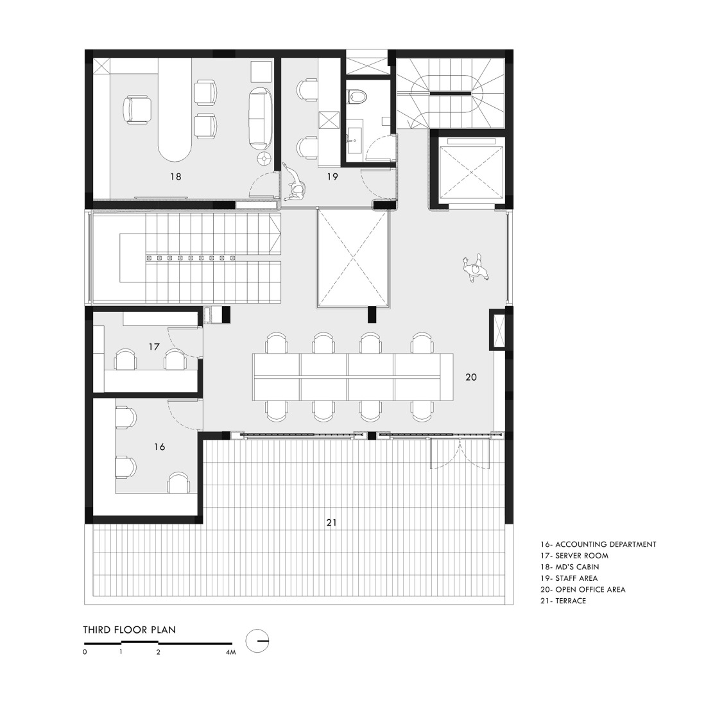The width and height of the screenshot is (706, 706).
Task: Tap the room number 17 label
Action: [154, 347]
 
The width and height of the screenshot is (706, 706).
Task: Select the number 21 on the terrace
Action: [331, 523]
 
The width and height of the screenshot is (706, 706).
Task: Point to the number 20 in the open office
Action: [471, 377]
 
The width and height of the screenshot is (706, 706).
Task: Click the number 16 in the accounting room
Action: [159, 447]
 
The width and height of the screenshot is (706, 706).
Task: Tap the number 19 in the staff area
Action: [331, 176]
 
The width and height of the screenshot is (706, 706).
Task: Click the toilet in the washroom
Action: [357, 96]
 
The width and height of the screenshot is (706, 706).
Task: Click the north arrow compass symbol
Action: [259, 640]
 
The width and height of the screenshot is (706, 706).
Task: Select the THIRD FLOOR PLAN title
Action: [129, 630]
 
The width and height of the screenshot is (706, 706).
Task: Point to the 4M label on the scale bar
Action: [231, 652]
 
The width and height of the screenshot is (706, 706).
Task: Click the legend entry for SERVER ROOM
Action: [574, 556]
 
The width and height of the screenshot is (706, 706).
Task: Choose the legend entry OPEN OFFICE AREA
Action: [583, 590]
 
